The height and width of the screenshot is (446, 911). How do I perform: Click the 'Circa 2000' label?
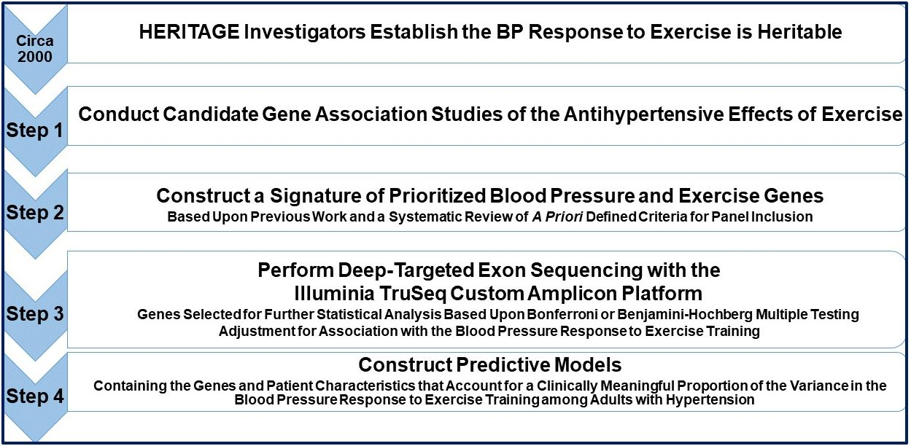(34, 48)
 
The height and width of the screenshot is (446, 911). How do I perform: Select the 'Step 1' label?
(34, 130)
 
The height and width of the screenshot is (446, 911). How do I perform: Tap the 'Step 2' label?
(34, 213)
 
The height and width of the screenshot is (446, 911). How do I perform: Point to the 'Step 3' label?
(34, 313)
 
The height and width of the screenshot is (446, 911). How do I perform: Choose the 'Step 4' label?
(34, 396)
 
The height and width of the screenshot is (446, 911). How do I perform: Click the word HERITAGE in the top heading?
(189, 31)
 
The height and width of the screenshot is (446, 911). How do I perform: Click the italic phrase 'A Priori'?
(557, 216)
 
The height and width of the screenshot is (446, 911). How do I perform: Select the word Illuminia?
(334, 293)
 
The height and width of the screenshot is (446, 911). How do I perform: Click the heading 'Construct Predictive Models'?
(489, 364)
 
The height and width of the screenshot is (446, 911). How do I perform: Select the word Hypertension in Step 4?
(710, 399)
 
